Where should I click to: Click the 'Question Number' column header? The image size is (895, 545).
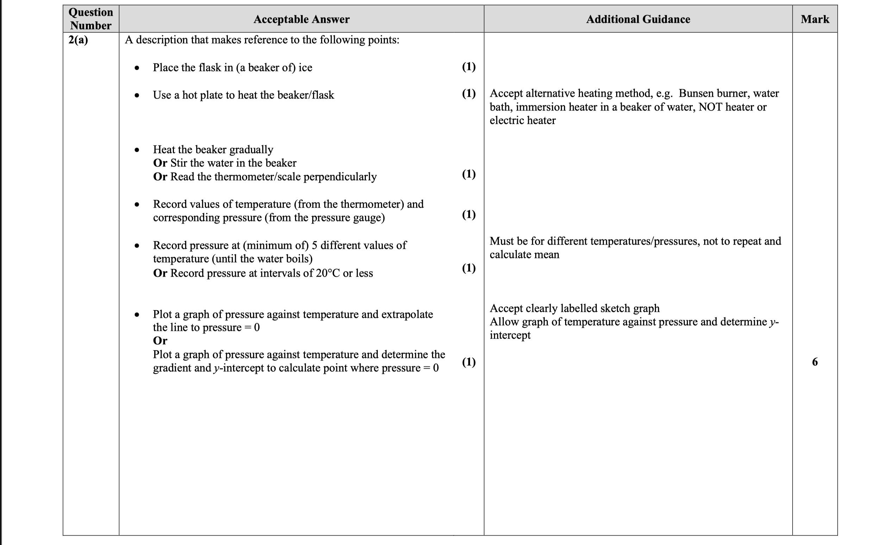click(91, 19)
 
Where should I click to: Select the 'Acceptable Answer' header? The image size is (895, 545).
click(301, 19)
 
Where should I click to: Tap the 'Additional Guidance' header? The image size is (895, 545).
click(638, 19)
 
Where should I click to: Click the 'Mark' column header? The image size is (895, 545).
click(815, 19)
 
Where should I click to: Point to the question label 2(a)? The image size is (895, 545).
click(78, 39)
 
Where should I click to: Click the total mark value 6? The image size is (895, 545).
click(815, 362)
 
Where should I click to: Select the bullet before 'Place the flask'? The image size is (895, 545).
click(137, 68)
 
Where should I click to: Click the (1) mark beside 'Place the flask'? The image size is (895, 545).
click(469, 67)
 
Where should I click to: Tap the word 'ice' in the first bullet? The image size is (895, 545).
click(305, 68)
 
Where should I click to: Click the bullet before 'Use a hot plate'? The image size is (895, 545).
click(137, 95)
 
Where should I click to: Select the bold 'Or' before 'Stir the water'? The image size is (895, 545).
click(160, 163)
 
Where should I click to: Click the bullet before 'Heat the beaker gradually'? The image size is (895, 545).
click(137, 150)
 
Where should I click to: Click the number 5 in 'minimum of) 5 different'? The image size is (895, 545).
click(314, 245)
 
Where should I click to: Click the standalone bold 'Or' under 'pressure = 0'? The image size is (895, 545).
click(160, 340)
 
